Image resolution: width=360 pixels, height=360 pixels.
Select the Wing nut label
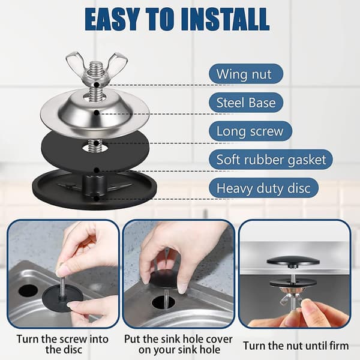click(246, 74)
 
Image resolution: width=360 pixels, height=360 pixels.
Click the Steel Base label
click(246, 103)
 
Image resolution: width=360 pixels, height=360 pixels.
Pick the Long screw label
click(250, 131)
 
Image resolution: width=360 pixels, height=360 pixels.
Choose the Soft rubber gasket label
click(271, 160)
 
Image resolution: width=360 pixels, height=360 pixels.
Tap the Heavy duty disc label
click(263, 188)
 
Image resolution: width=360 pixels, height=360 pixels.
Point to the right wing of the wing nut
click(119, 62)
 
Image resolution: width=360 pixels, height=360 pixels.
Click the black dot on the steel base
click(97, 113)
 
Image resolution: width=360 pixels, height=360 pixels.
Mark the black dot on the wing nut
click(97, 85)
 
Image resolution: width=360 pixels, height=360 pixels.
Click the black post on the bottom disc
click(94, 185)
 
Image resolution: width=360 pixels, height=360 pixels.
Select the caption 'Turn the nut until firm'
click(296, 346)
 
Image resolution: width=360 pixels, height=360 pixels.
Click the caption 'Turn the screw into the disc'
click(62, 344)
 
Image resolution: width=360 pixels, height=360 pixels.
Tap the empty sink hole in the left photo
click(28, 290)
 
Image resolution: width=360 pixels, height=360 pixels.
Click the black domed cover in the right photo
click(293, 261)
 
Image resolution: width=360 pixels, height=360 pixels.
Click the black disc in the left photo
click(62, 298)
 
